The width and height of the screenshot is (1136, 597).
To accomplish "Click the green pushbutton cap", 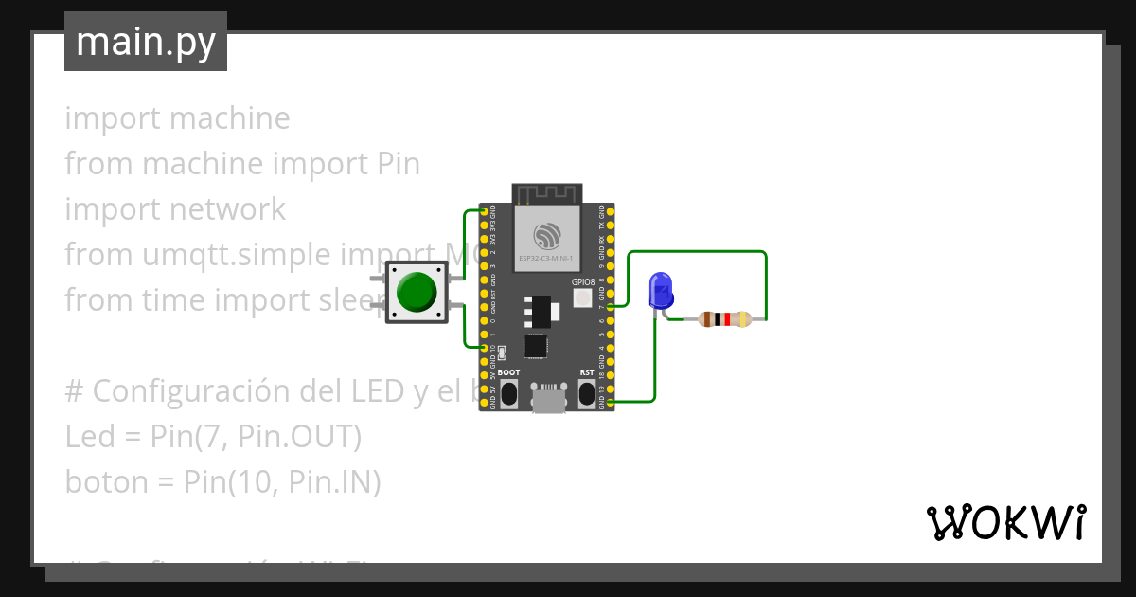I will click(x=417, y=292).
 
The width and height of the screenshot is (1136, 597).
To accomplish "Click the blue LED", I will click(x=660, y=290).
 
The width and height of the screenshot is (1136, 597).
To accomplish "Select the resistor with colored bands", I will click(x=724, y=319).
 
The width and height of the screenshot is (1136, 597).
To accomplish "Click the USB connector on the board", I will click(x=546, y=397).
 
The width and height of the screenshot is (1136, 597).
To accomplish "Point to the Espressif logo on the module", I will click(x=546, y=234).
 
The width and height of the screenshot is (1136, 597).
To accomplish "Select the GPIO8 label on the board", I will click(x=583, y=282).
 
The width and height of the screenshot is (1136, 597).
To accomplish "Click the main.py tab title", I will click(x=145, y=43).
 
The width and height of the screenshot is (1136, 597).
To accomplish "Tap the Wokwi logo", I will click(x=1005, y=522).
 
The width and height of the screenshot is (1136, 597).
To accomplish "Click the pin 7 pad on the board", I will click(x=610, y=307).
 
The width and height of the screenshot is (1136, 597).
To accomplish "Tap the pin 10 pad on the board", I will click(x=485, y=348).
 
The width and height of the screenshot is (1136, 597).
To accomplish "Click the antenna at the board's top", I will click(x=546, y=193).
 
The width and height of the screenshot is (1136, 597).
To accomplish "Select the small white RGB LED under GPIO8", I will click(x=582, y=299).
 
